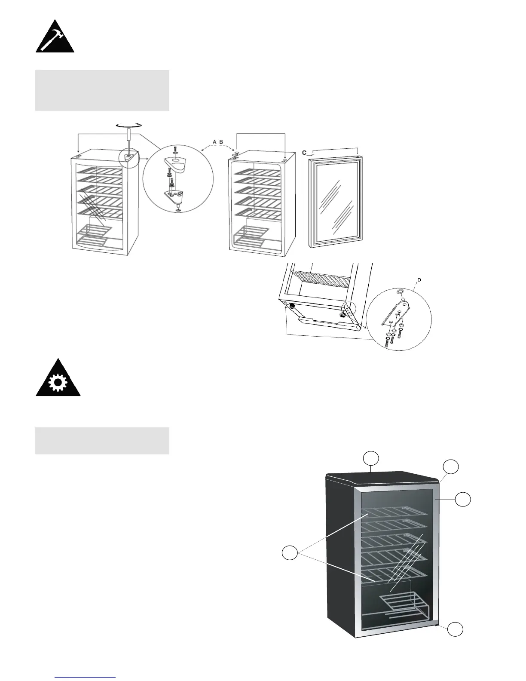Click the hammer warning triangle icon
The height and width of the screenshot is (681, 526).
click(x=55, y=37)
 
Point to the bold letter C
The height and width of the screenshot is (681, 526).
click(x=304, y=152)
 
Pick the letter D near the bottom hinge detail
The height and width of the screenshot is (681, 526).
click(x=419, y=280)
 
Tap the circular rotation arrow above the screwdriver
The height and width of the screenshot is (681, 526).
click(x=129, y=124)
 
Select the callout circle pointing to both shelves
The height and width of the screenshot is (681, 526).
click(x=290, y=553)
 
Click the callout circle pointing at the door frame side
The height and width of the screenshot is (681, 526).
click(x=462, y=500)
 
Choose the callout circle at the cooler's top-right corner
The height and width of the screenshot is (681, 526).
click(x=451, y=466)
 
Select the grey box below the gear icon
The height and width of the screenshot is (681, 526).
click(x=102, y=441)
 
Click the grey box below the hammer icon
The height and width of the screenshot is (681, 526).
click(x=102, y=90)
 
